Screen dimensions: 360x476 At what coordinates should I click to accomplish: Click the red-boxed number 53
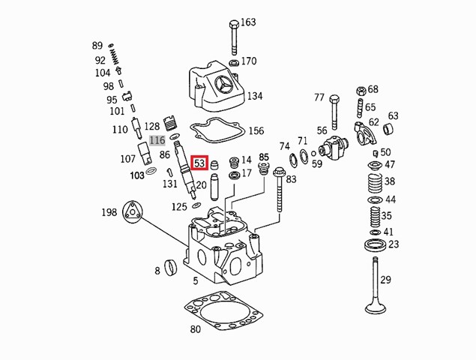pyautogui.click(x=199, y=163)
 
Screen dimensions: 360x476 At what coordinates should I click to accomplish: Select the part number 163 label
pyautogui.click(x=247, y=22)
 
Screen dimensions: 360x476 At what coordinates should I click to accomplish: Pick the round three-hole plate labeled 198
pyautogui.click(x=133, y=211)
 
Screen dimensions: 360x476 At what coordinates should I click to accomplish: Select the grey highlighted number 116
pyautogui.click(x=156, y=140)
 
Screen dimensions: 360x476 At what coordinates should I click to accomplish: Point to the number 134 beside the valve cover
pyautogui.click(x=255, y=96)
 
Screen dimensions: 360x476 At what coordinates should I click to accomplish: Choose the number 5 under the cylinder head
pyautogui.click(x=196, y=281)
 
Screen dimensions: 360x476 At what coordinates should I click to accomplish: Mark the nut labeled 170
pyautogui.click(x=232, y=61)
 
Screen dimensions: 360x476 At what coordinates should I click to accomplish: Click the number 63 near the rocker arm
pyautogui.click(x=393, y=116)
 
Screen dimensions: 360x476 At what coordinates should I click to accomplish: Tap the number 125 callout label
pyautogui.click(x=179, y=206)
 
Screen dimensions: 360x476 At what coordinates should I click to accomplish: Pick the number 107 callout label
pyautogui.click(x=127, y=158)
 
